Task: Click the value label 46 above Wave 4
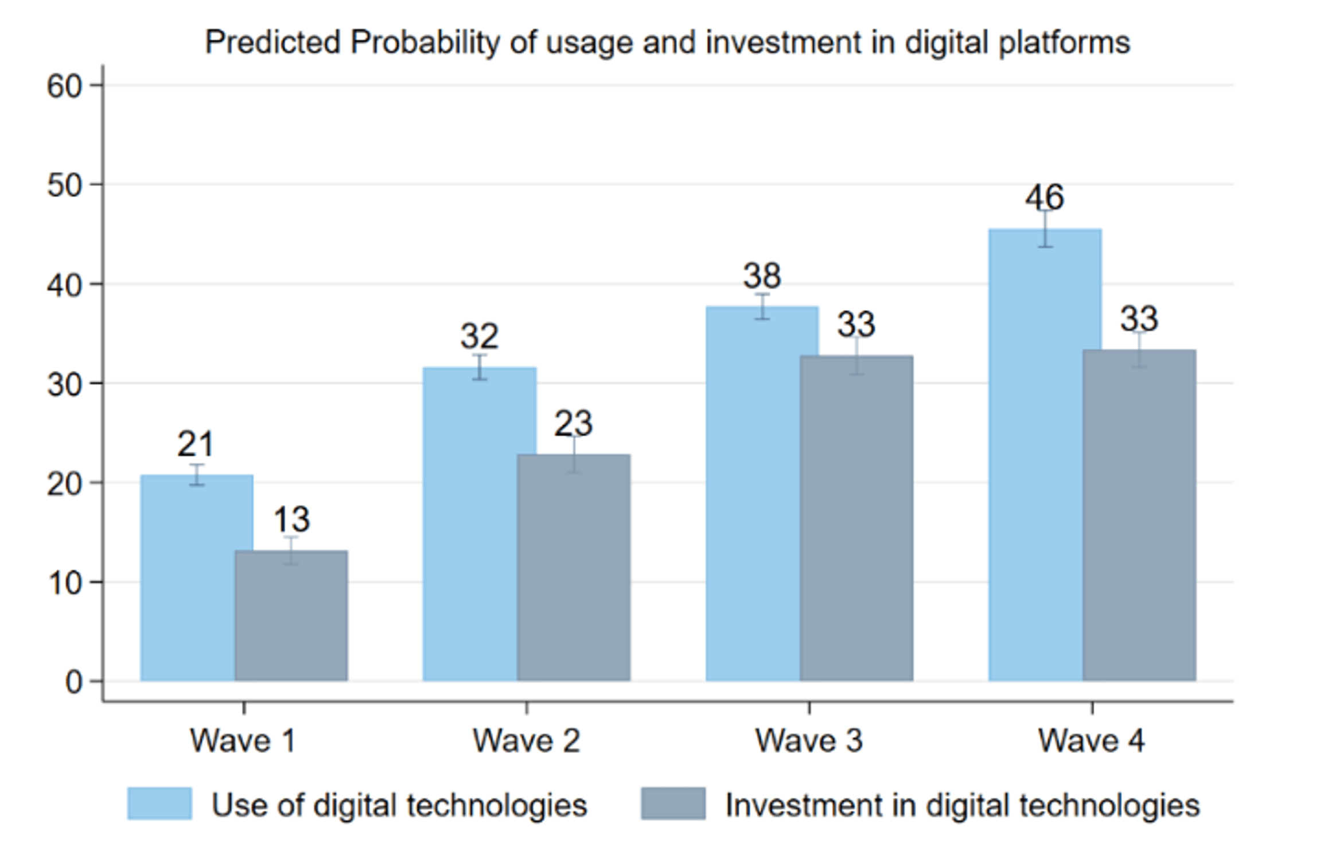click(x=1045, y=197)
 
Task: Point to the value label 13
click(x=291, y=519)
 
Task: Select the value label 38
click(x=762, y=276)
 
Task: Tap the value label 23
click(x=573, y=424)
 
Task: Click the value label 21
click(x=196, y=444)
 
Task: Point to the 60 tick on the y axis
click(x=64, y=87)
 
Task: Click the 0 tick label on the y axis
click(x=73, y=682)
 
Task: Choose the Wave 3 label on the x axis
click(x=809, y=740)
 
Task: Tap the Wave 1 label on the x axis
click(x=243, y=740)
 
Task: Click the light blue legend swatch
click(x=159, y=804)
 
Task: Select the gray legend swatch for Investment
click(x=673, y=804)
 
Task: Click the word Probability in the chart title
click(x=425, y=43)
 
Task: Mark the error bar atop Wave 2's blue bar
click(x=480, y=367)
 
